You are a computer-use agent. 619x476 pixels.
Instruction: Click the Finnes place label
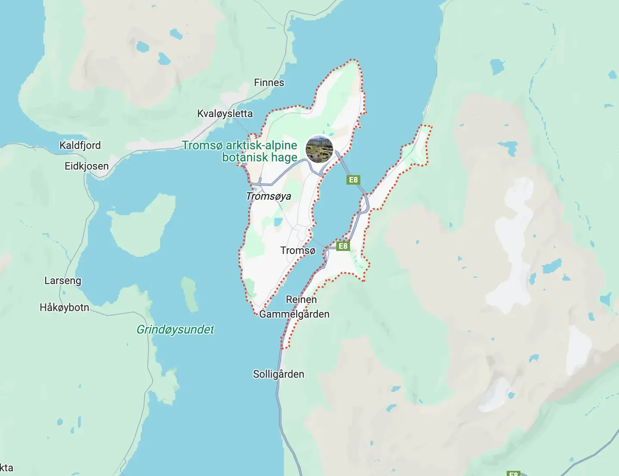point(269,83)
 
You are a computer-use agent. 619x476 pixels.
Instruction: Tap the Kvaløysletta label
point(225,114)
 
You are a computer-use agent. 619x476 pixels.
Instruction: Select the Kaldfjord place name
point(80,145)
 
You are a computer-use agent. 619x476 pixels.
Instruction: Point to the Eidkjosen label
point(87,166)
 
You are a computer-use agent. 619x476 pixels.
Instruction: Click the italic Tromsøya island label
point(269,196)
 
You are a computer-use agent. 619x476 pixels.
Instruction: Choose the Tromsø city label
point(298,250)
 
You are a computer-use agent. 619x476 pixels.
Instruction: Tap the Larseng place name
point(63,281)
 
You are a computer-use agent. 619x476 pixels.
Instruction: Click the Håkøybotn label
point(65,308)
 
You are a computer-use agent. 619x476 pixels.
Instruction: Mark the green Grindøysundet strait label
point(175,330)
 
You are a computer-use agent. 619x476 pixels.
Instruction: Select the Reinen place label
point(301,300)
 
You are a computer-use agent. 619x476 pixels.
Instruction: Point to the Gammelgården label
point(294,314)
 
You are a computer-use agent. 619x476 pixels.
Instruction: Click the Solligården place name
point(279,374)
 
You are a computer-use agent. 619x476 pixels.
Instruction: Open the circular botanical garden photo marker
point(319,149)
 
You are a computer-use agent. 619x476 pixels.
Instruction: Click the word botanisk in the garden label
point(245,158)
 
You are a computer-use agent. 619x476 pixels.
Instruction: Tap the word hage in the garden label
point(284,158)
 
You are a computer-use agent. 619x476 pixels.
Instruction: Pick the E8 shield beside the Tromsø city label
point(343,246)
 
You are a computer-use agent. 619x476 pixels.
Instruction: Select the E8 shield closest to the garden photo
point(353,180)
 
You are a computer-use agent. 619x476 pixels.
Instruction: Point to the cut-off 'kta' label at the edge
point(6,468)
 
